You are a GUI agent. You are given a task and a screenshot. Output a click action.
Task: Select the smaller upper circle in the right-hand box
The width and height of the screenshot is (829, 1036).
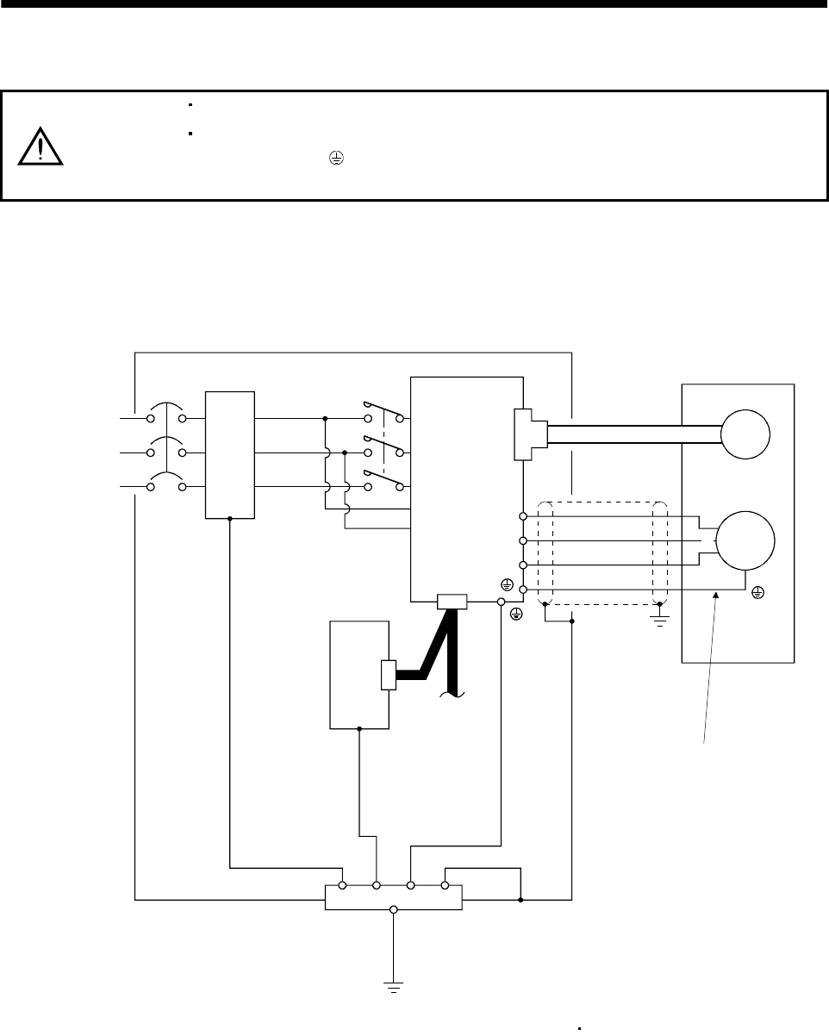tap(745, 435)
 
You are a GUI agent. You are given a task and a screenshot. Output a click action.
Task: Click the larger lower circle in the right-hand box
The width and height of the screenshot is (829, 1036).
tap(746, 540)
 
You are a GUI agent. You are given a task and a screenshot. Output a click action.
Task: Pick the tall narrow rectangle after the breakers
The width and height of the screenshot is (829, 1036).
tap(230, 454)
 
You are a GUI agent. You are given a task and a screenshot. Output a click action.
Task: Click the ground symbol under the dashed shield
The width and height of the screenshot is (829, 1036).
tap(661, 619)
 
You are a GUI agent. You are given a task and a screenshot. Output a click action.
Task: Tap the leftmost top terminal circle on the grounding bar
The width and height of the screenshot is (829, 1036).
tap(342, 884)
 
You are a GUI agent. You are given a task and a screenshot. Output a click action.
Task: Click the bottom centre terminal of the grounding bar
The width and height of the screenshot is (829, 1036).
tap(394, 908)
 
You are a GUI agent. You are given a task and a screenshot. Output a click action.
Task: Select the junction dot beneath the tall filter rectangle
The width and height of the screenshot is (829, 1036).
tap(230, 519)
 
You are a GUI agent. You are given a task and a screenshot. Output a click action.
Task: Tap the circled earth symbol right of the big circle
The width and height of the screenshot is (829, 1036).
tap(757, 592)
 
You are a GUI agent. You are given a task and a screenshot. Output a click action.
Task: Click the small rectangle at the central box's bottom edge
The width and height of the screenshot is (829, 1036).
tap(452, 602)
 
